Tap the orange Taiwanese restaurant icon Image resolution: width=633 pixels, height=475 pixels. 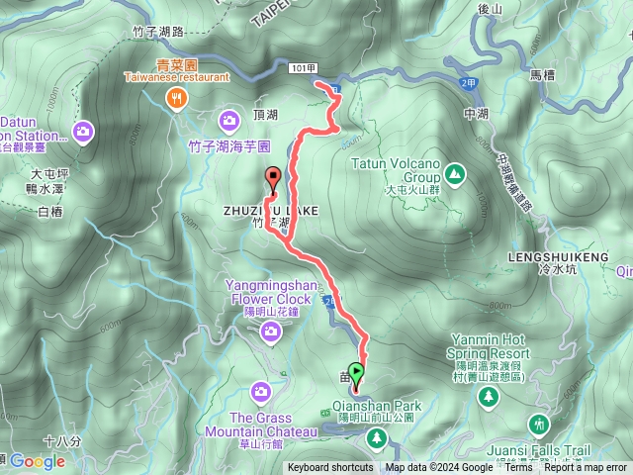176,96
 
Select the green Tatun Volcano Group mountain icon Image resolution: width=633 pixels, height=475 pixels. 454,174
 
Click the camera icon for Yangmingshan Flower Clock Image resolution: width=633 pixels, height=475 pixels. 270,334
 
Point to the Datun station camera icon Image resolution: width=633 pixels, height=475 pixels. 83,131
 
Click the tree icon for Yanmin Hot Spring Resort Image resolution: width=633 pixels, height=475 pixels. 488,396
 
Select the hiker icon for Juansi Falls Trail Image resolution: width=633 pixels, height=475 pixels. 538,425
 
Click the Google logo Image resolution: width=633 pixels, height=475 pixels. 38,461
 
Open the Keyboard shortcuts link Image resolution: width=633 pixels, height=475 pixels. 330,468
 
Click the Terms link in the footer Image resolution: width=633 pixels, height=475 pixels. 518,468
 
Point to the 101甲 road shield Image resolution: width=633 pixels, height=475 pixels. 306,68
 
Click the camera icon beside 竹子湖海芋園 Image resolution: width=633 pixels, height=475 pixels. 229,121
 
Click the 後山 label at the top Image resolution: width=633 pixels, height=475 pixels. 491,9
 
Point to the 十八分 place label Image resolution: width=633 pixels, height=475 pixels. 62,440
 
